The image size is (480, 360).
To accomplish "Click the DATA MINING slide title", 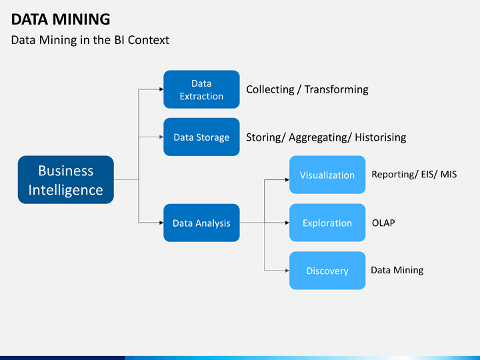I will point(61,19).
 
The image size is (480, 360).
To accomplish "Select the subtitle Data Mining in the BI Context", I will point(90,40).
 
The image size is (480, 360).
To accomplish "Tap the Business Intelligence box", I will point(65,180).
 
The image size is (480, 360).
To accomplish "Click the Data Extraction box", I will point(201,89).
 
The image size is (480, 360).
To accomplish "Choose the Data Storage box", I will point(201,137).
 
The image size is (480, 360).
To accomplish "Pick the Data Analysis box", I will point(201,223).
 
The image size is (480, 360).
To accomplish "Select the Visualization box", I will point(327,175).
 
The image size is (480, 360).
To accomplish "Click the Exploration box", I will point(327,223).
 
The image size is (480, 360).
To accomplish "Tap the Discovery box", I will point(327,271).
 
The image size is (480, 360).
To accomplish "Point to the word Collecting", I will point(270,89).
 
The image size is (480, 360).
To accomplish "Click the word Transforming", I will point(336,89).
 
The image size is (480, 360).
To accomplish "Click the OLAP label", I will point(383,223).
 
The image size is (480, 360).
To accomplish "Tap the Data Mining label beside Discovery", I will point(397,270).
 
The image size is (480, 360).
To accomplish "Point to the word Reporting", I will point(394,175).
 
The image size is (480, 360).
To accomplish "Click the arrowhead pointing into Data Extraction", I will point(161,89).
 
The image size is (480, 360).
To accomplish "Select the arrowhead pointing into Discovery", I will point(286,271).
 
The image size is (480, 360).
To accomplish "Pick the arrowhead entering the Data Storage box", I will point(161,137).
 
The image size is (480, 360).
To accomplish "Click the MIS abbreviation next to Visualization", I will point(448,175).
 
